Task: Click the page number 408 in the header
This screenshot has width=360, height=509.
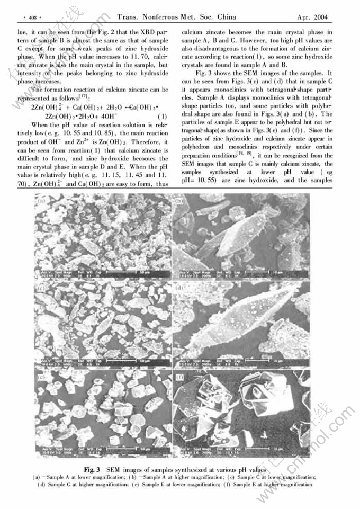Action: tap(28, 17)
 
